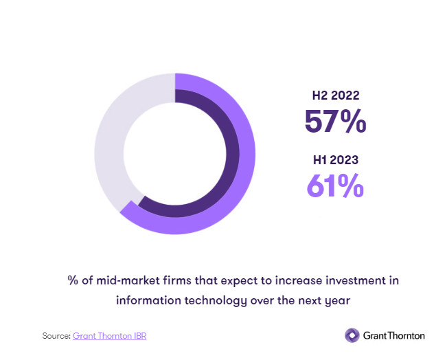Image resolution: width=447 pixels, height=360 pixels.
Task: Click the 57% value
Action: tap(334, 122)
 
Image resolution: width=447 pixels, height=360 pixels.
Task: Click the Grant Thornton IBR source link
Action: tap(109, 336)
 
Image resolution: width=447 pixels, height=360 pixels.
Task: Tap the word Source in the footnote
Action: tap(56, 336)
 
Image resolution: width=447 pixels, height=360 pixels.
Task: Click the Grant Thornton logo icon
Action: tap(352, 335)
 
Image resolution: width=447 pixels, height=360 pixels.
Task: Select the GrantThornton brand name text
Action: tap(394, 335)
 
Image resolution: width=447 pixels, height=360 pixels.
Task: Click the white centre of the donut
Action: tap(174, 152)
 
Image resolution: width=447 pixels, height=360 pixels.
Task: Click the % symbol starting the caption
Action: tap(72, 280)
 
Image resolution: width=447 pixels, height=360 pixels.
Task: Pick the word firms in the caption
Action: tap(169, 280)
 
